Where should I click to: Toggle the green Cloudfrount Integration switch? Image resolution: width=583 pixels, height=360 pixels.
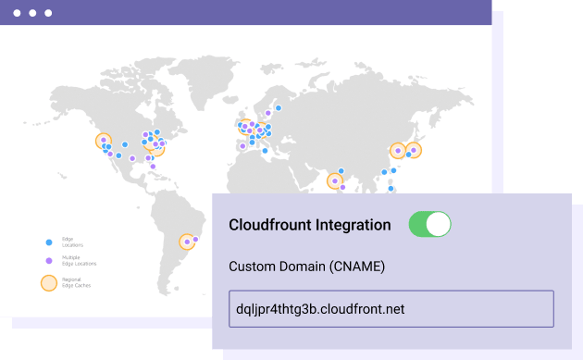point(429,224)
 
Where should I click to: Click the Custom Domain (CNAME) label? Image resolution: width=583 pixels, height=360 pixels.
point(306,267)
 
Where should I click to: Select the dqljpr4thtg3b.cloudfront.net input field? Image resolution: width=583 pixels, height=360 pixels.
point(391,308)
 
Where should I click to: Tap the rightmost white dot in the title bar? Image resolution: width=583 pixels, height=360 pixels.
point(48,14)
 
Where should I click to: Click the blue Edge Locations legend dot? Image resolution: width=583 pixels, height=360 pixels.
point(49,242)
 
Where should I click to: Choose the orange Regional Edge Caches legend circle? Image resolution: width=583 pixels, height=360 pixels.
point(49,282)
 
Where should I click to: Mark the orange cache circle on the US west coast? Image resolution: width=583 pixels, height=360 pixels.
point(104,141)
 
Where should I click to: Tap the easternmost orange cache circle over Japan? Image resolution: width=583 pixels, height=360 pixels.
point(414,149)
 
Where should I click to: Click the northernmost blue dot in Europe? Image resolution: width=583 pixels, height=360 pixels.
point(278,107)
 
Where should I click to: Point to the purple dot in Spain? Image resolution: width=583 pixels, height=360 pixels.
point(242,145)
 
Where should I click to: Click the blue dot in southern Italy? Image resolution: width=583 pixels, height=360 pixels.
point(265,150)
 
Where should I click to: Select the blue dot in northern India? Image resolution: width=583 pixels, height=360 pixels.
point(341,170)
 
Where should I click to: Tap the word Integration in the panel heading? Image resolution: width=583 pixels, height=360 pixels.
point(352,225)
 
